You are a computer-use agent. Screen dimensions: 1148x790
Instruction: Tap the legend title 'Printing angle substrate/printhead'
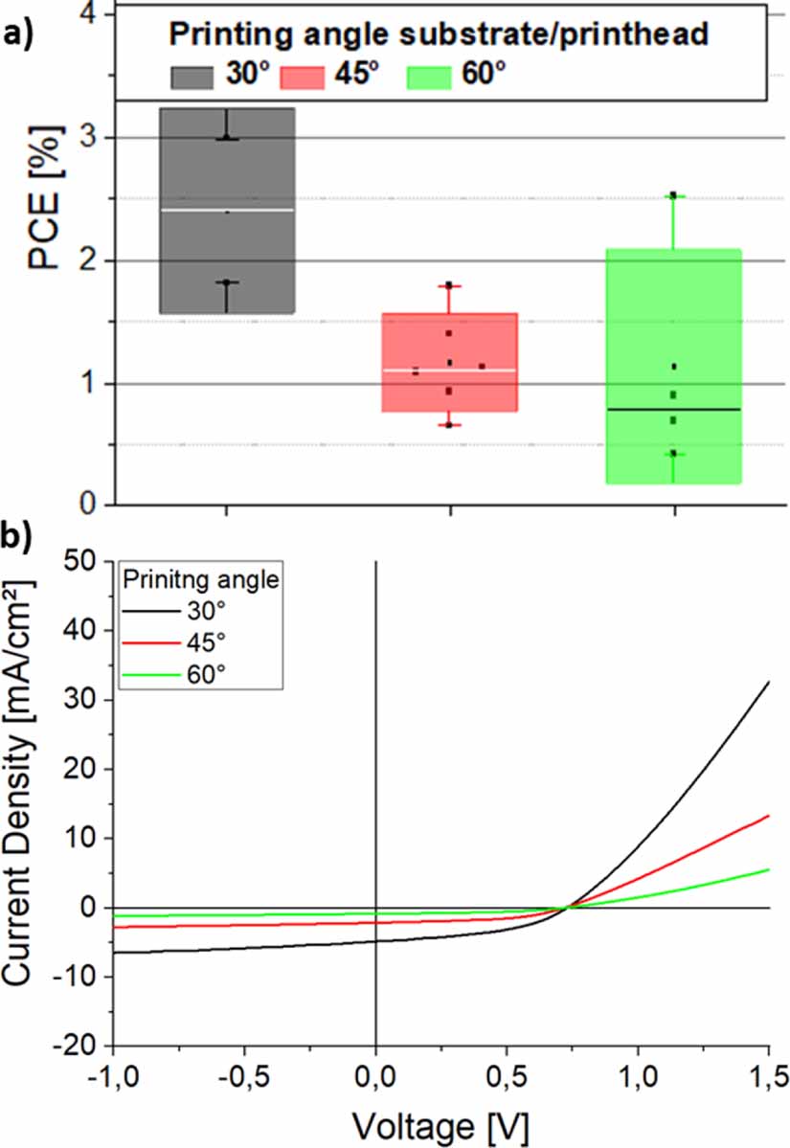[x=439, y=35]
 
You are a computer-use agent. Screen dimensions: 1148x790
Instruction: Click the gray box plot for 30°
[x=226, y=259]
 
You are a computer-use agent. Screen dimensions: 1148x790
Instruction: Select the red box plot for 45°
[x=449, y=393]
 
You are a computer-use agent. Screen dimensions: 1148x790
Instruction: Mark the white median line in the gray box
[x=226, y=210]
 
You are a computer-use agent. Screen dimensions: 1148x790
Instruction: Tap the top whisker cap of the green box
[x=673, y=195]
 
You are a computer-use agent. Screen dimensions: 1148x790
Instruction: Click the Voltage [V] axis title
[x=441, y=1121]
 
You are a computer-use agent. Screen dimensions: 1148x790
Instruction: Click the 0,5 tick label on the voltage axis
[x=506, y=1077]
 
